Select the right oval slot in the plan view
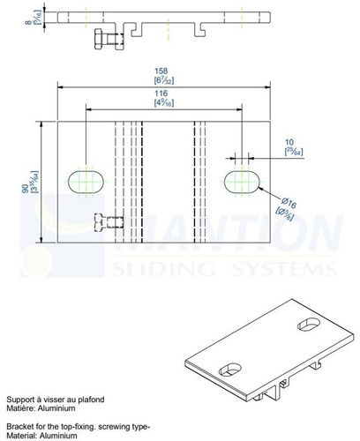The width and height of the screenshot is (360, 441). click(242, 181)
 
